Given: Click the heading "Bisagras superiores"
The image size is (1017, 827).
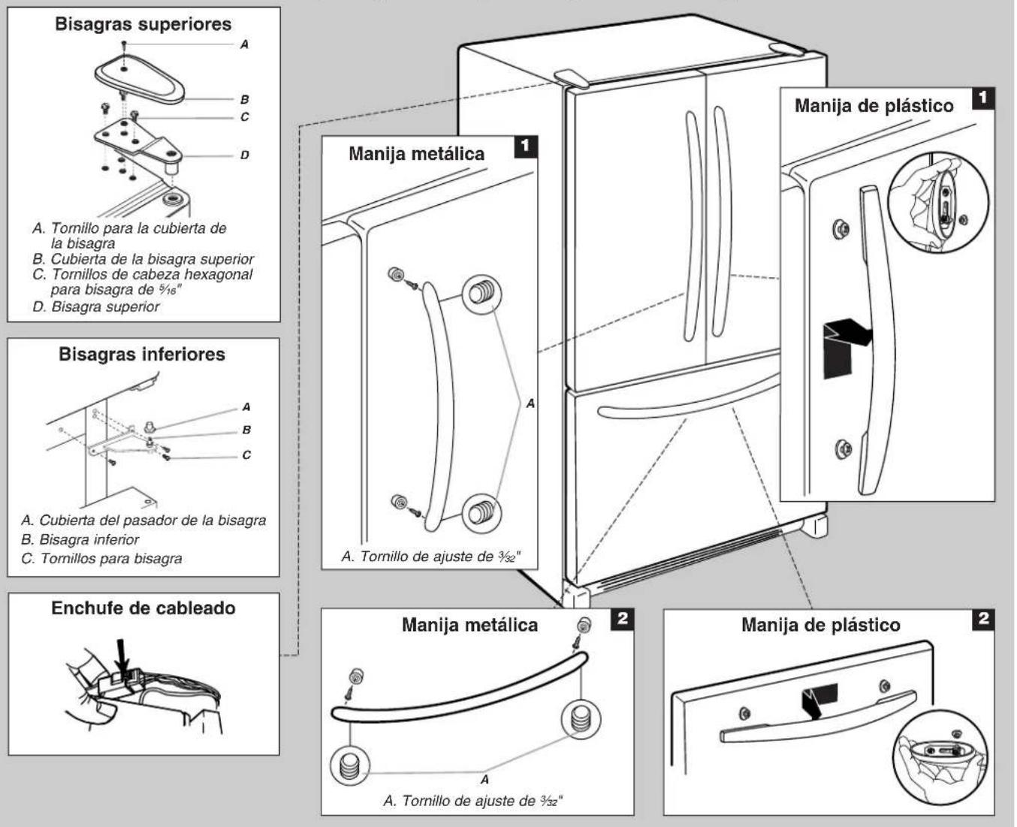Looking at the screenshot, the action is pos(143,24).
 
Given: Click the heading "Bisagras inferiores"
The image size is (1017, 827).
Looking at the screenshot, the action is pos(142,355).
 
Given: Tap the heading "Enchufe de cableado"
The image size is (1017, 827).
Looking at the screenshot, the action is pos(143,608).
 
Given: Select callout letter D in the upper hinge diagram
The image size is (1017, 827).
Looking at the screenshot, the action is pos(244,155).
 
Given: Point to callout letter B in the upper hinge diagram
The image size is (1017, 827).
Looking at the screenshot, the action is pos(244,99).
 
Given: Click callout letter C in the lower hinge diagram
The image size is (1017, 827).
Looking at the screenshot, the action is pos(246,454).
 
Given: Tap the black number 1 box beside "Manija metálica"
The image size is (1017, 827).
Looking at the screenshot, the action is pos(525,146).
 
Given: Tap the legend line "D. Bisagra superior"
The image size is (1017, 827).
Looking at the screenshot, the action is pos(96,306).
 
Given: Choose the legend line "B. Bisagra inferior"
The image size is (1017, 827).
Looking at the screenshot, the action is pos(80,539).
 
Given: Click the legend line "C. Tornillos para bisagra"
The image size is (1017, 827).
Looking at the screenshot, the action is pos(101,559).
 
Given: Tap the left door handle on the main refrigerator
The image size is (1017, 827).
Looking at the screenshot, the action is pos(694,226).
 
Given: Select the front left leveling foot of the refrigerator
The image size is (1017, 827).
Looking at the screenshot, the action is pos(576,597).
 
